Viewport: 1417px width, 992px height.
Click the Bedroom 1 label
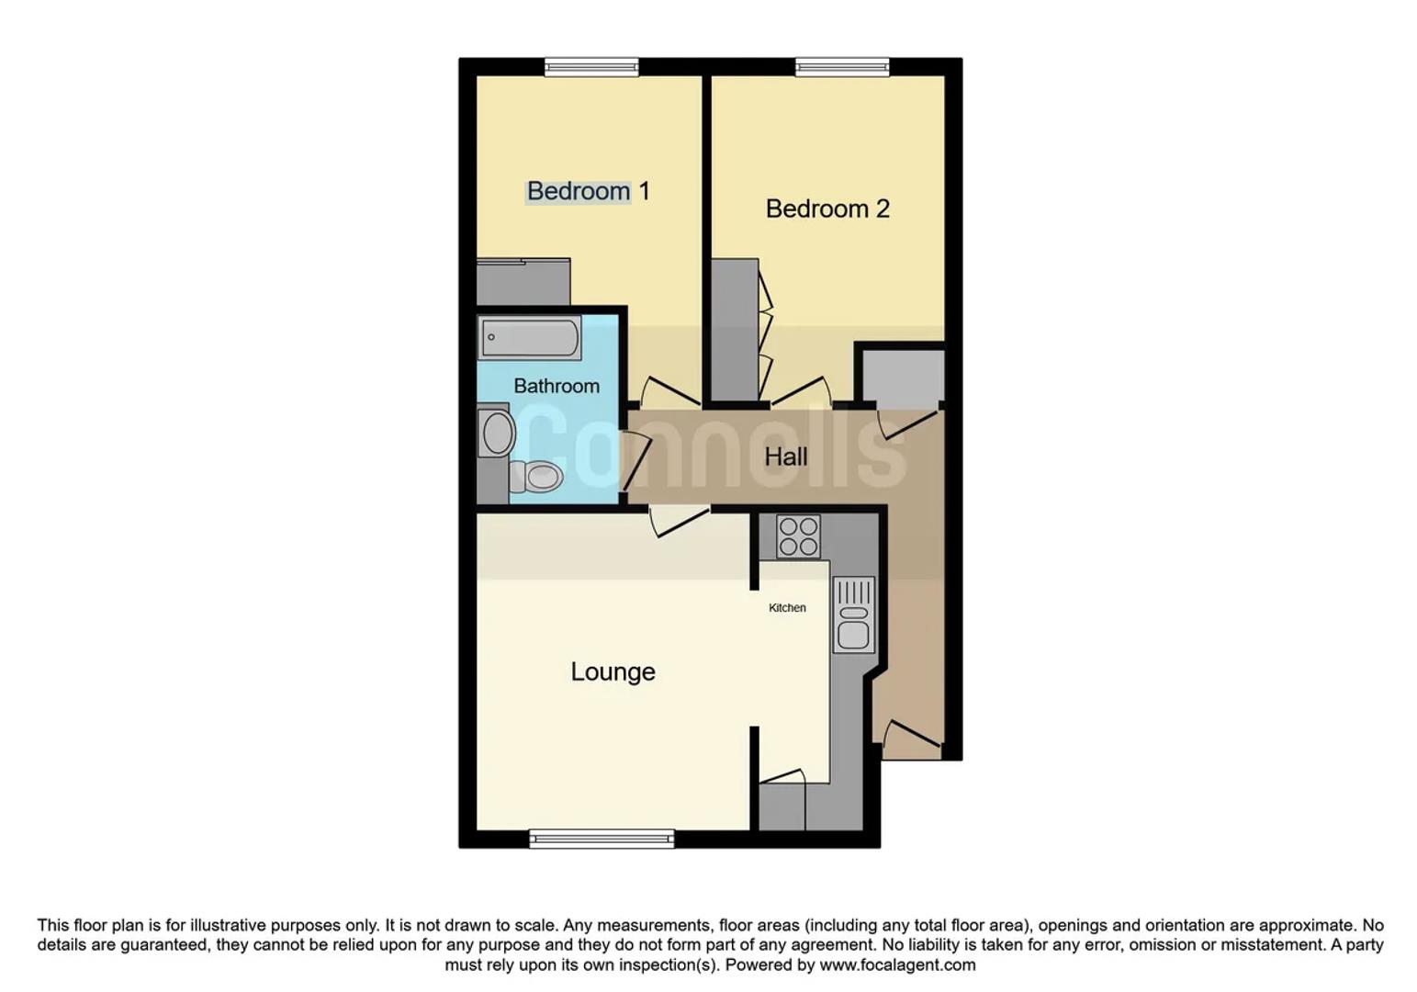pyautogui.click(x=588, y=191)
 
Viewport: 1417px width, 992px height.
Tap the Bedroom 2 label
pyautogui.click(x=827, y=209)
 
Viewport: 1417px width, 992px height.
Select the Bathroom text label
pyautogui.click(x=556, y=386)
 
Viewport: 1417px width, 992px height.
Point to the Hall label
pyautogui.click(x=786, y=457)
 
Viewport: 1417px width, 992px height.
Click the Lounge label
pyautogui.click(x=613, y=671)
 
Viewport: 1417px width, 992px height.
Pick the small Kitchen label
pyautogui.click(x=787, y=608)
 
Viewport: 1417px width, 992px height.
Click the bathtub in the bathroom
pyautogui.click(x=529, y=337)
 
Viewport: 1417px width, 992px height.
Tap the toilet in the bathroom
pyautogui.click(x=537, y=477)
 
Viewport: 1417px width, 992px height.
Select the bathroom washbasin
pyautogui.click(x=497, y=433)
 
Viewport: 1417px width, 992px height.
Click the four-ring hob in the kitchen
pyautogui.click(x=798, y=536)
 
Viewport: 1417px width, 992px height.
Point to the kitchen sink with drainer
pyautogui.click(x=853, y=615)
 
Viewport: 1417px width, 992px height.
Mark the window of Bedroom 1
pyautogui.click(x=590, y=66)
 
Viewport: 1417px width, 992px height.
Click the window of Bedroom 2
pyautogui.click(x=842, y=66)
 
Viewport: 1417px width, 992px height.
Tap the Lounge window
pyautogui.click(x=602, y=838)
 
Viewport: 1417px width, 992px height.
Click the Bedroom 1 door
pyautogui.click(x=669, y=393)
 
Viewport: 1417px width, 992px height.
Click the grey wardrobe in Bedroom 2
pyautogui.click(x=735, y=329)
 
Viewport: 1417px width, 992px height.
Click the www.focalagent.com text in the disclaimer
pyautogui.click(x=897, y=964)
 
